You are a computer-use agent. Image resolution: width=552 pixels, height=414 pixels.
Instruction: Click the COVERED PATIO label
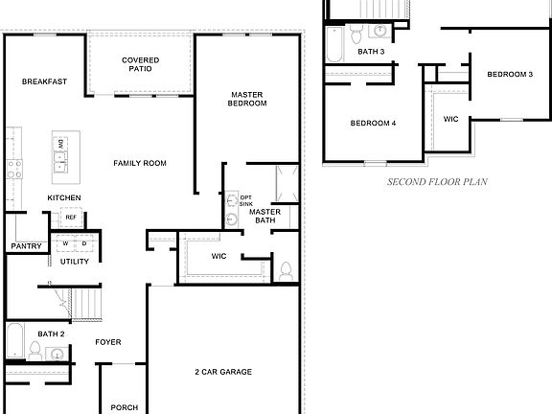(x=140, y=64)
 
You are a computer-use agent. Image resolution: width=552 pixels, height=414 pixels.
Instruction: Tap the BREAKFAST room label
(x=44, y=82)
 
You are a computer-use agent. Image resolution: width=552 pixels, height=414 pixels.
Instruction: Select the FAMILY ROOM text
(x=140, y=164)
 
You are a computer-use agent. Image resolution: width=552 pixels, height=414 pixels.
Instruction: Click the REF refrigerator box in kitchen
(x=71, y=218)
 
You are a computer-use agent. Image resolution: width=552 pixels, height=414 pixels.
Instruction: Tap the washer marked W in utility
(x=66, y=243)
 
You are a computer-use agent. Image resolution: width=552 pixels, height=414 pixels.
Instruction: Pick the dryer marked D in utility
(x=82, y=243)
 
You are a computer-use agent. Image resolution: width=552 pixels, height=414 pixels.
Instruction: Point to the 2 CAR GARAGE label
(x=222, y=372)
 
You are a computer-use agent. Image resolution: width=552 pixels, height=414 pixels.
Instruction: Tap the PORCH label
(x=125, y=407)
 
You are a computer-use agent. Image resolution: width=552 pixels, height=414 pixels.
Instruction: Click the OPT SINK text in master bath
(x=246, y=200)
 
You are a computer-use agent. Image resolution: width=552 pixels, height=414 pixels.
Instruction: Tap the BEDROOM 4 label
(x=373, y=123)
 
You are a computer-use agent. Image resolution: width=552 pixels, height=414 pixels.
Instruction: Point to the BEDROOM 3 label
(x=509, y=75)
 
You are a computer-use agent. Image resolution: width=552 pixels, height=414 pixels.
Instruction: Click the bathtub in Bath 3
(x=333, y=42)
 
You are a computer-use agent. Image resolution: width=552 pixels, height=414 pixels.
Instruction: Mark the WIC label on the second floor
(x=450, y=120)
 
